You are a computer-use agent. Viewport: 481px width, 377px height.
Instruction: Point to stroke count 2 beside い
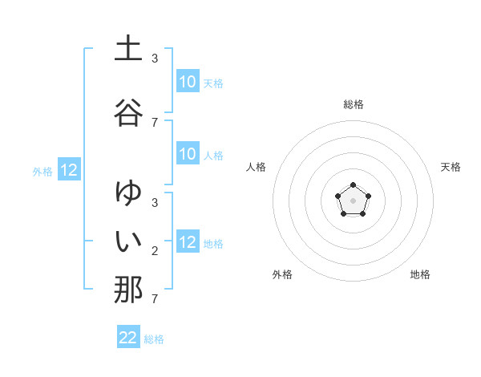pos(154,251)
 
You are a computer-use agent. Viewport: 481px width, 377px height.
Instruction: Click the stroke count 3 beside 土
pos(154,59)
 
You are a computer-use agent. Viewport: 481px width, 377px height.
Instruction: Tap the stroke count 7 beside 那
pos(154,299)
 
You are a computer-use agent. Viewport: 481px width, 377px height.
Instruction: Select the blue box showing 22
pos(128,338)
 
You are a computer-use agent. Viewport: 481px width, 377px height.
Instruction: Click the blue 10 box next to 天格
pos(188,82)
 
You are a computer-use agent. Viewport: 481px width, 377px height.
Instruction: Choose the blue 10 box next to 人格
pos(188,154)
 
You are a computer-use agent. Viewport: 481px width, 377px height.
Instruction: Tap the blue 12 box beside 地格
pos(188,242)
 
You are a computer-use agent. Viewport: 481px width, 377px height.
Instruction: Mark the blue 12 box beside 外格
pos(69,170)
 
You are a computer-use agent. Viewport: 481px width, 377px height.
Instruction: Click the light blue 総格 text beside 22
pos(154,339)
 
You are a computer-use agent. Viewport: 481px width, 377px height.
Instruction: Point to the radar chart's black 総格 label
pos(353,104)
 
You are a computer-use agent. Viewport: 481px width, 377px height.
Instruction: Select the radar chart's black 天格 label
pos(451,167)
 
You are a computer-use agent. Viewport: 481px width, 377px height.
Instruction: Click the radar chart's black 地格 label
pos(420,274)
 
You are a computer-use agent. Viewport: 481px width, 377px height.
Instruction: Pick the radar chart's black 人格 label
pos(256,167)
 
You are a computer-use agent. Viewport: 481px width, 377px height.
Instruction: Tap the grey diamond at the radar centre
pos(353,200)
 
